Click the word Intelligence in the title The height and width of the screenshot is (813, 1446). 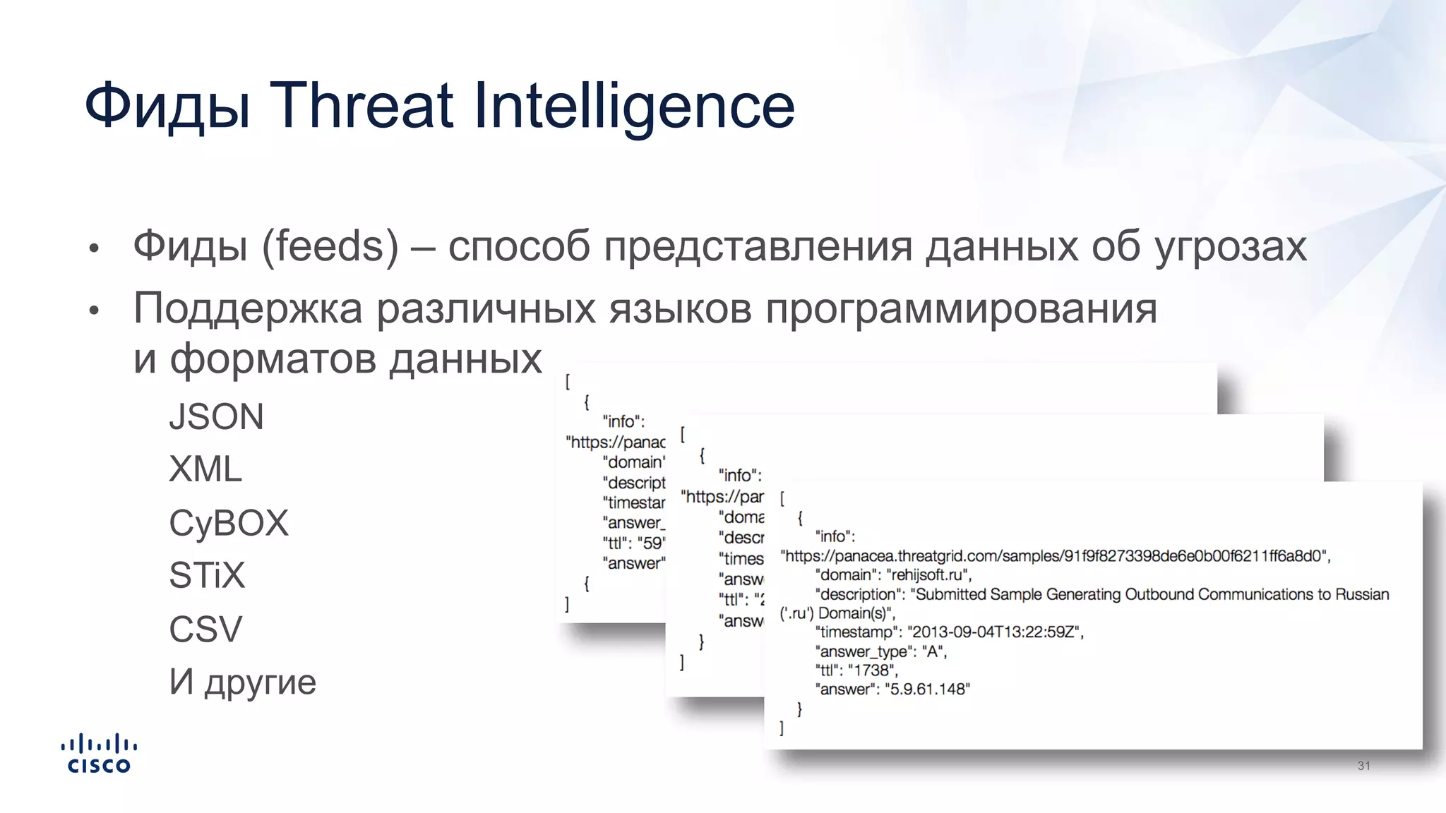pos(634,107)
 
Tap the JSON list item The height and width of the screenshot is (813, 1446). pos(216,417)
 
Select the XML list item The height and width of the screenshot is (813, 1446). pos(205,469)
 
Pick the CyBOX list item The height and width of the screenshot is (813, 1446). pos(229,523)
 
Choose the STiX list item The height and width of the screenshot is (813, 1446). pos(207,575)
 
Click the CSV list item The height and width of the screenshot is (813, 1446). pos(205,629)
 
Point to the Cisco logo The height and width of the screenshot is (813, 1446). pos(99,754)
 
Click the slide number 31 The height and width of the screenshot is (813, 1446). pos(1363,766)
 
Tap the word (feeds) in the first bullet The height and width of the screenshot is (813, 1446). pos(330,246)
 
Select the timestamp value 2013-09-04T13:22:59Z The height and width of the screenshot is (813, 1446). pos(994,632)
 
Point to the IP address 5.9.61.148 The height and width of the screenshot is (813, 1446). pos(927,689)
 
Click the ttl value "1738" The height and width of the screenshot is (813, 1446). pos(872,670)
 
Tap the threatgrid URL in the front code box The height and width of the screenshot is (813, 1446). pos(1055,556)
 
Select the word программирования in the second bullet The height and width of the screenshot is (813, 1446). pos(961,308)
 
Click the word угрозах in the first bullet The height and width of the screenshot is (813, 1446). pos(1231,246)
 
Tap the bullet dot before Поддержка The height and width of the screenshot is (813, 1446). pos(94,311)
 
